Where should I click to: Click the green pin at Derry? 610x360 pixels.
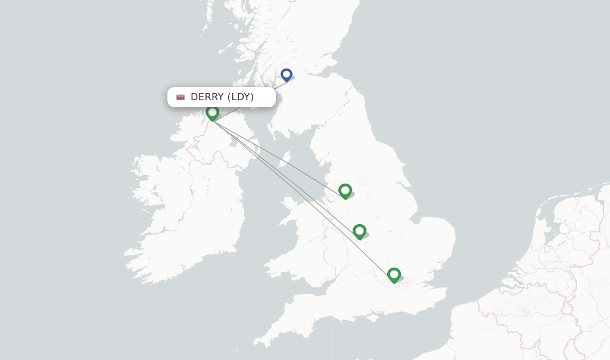coord(212,112)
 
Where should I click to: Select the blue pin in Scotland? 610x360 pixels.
coord(287,75)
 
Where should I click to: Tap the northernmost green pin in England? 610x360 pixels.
coord(345,191)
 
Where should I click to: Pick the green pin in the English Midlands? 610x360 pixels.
coord(359,231)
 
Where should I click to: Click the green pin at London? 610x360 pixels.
coord(394,275)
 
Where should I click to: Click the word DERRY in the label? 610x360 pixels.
coord(207,97)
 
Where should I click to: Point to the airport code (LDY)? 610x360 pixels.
coord(241,97)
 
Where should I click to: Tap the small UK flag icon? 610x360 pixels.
coord(180,97)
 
